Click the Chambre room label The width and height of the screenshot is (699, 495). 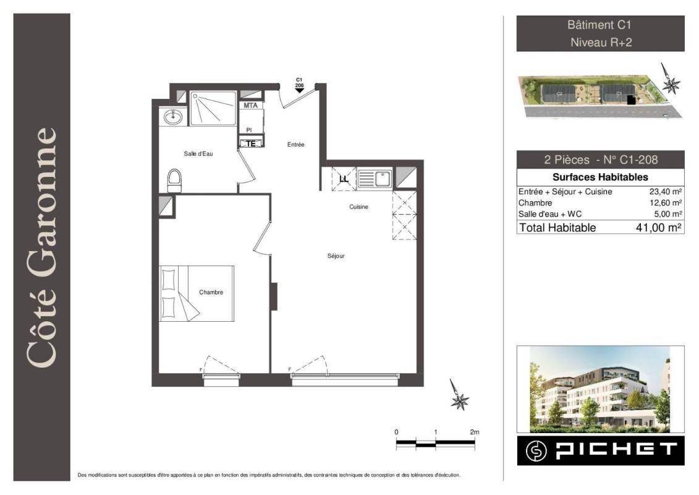point(211,292)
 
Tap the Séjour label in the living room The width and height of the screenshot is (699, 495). point(336,256)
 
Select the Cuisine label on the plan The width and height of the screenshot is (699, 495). point(358,207)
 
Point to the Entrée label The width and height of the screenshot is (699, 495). point(295,145)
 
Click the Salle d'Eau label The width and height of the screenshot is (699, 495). point(198,153)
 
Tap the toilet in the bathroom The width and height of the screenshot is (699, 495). point(174,181)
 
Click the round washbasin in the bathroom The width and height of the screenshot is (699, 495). point(172,118)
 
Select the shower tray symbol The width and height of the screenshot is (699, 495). point(213,108)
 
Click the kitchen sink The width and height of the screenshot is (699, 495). point(375,179)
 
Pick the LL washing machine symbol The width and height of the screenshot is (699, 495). point(344,179)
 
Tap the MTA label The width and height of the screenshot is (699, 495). point(250,105)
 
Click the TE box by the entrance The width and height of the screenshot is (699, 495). point(251,144)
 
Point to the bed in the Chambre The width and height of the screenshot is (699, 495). point(197,293)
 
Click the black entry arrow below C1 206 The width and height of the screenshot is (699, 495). point(300,90)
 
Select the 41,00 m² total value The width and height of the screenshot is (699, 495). point(659,228)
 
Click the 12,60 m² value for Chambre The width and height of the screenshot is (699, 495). point(666,203)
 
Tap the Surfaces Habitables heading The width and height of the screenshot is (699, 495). point(600,177)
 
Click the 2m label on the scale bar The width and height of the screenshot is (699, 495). point(474,432)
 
